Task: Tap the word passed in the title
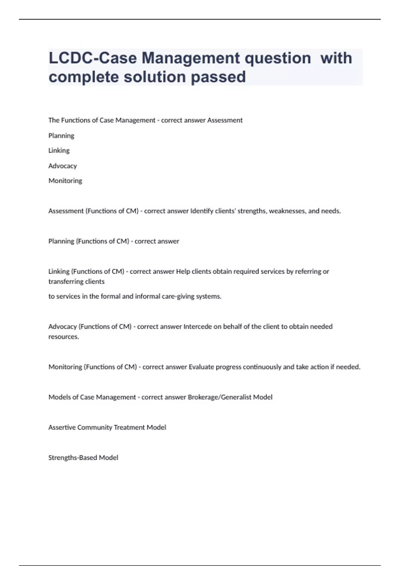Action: pyautogui.click(x=218, y=77)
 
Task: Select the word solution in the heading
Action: pyautogui.click(x=155, y=77)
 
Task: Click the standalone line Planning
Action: pyautogui.click(x=61, y=136)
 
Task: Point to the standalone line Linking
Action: pyautogui.click(x=59, y=150)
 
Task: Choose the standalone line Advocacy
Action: pyautogui.click(x=63, y=166)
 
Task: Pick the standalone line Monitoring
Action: pyautogui.click(x=65, y=181)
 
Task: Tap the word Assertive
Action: pyautogui.click(x=62, y=427)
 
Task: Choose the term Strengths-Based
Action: pyautogui.click(x=73, y=458)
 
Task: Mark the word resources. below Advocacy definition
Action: pyautogui.click(x=64, y=337)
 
